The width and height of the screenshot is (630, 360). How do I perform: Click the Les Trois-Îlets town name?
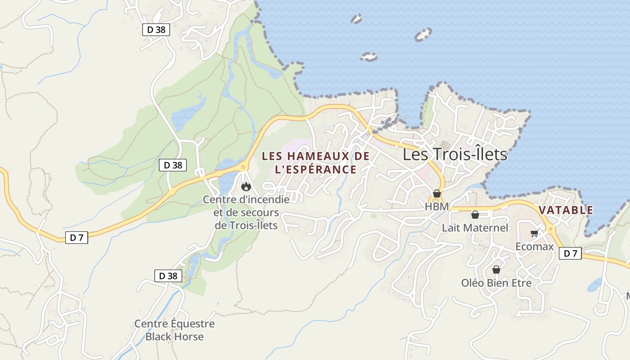(x=454, y=154)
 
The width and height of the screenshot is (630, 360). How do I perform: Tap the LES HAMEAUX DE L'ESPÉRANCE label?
(x=315, y=163)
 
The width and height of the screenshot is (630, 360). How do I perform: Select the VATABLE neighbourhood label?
(x=566, y=210)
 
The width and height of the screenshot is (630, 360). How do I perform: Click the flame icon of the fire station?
(x=246, y=186)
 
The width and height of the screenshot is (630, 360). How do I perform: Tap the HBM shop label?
(x=436, y=207)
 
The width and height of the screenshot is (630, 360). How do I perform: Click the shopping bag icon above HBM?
(x=436, y=193)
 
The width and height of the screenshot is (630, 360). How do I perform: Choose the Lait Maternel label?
(x=475, y=228)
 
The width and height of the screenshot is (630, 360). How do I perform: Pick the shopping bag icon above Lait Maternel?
(x=475, y=215)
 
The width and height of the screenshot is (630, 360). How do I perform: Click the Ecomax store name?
(x=534, y=247)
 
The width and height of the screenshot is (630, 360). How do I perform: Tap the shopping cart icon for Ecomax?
(x=534, y=233)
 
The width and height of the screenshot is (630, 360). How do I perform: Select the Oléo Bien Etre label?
(x=496, y=283)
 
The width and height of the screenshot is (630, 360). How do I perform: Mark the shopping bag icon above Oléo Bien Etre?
(x=496, y=270)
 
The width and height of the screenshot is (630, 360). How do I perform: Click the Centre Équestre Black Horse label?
(x=174, y=330)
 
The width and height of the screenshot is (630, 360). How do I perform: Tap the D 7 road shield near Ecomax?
(x=570, y=254)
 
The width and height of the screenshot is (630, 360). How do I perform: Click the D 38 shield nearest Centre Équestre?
(x=168, y=276)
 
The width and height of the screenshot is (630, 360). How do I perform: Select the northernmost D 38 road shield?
(x=156, y=30)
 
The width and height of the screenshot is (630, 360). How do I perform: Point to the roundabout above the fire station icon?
(x=243, y=167)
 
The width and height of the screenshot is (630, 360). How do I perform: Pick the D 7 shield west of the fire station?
(x=76, y=238)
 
